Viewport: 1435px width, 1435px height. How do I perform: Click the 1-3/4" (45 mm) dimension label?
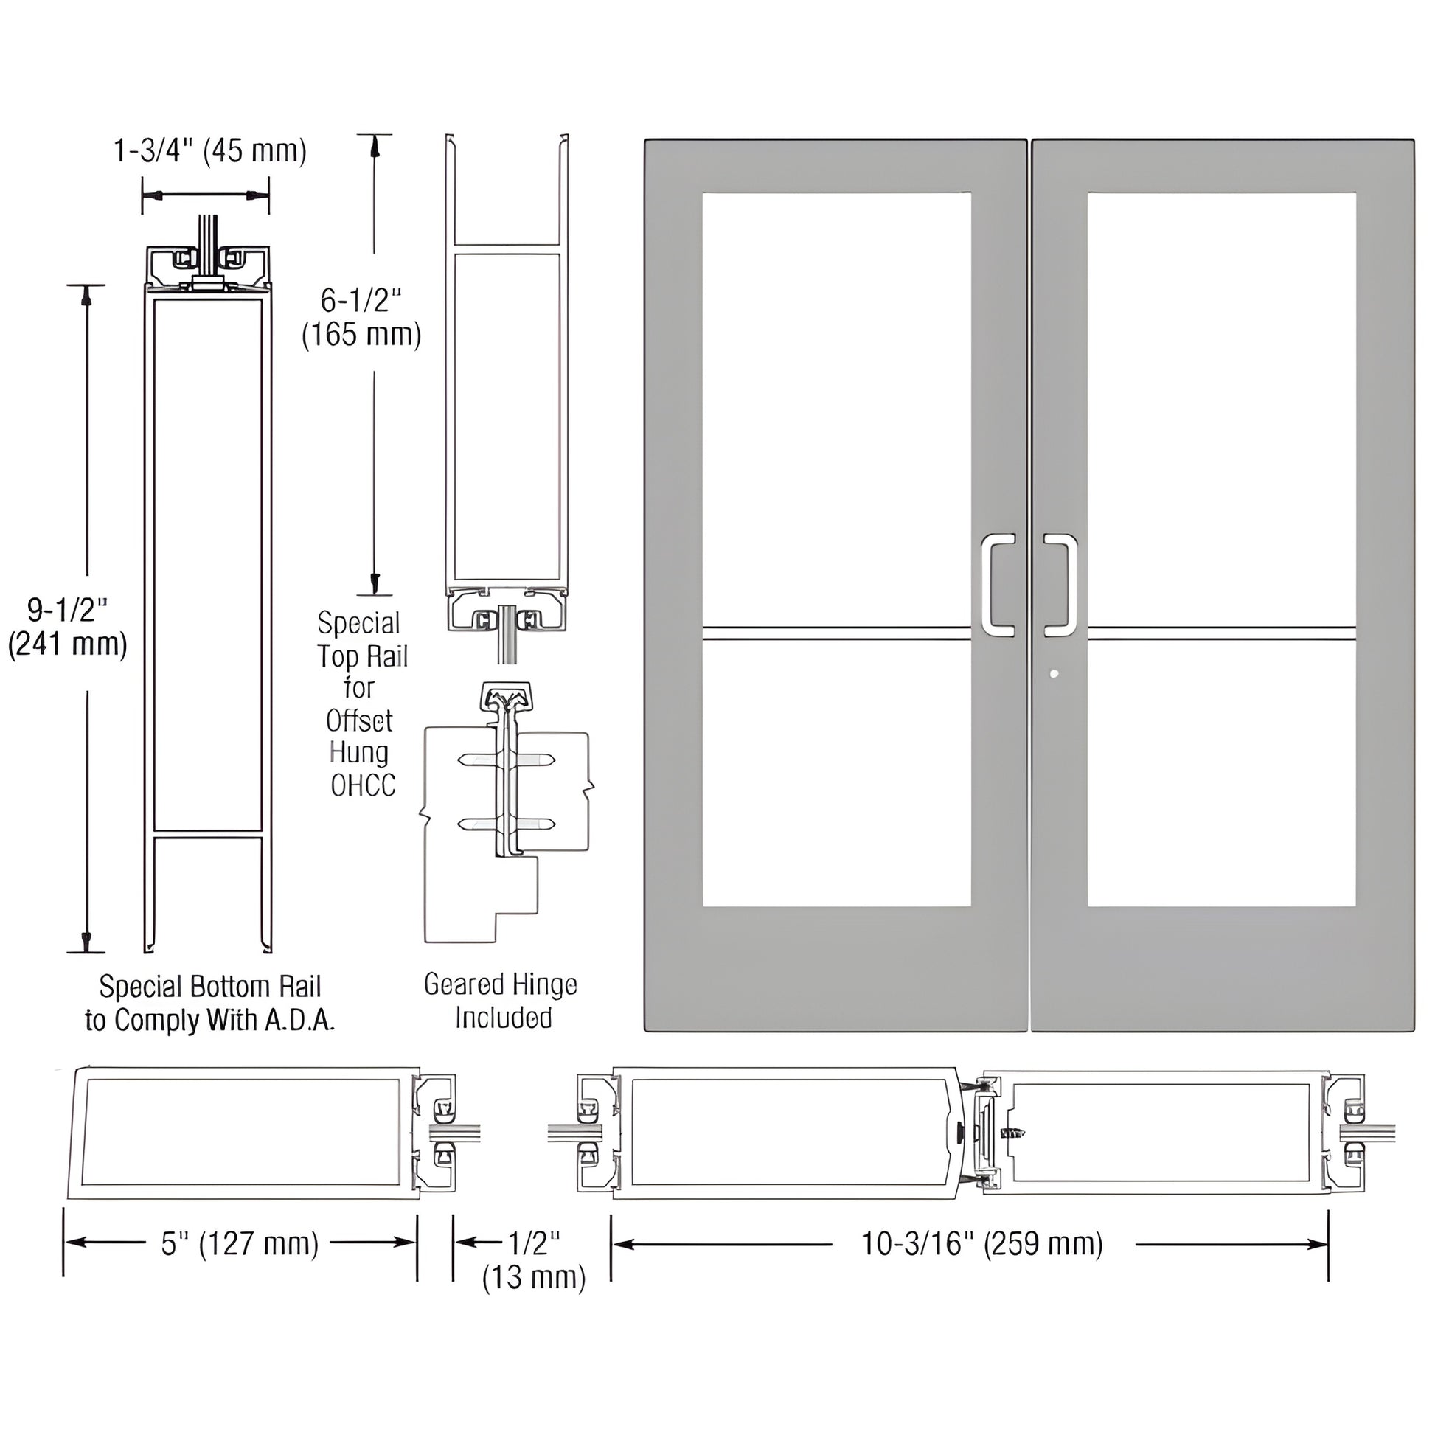tap(209, 151)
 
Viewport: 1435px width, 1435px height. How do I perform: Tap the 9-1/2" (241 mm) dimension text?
tap(68, 627)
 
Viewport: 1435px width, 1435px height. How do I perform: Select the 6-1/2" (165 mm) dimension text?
tap(362, 318)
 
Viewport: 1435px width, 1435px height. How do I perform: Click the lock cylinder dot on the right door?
tap(1054, 675)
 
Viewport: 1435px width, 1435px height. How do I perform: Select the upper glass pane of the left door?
tap(836, 409)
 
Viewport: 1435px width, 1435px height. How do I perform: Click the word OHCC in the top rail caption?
tap(363, 786)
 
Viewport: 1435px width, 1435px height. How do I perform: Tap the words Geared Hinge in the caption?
tap(500, 985)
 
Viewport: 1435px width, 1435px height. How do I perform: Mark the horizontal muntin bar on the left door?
tap(836, 633)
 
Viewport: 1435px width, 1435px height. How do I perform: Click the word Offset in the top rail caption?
tap(360, 720)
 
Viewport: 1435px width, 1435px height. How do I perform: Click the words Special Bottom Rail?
tap(210, 987)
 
